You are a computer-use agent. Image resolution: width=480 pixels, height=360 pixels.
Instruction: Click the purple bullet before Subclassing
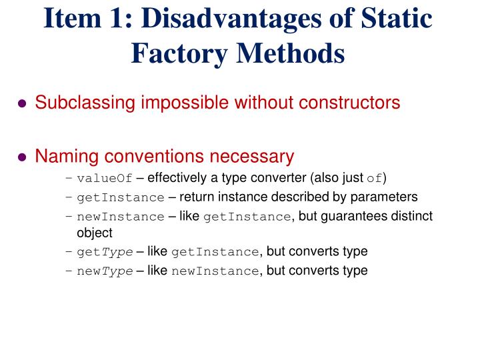(22, 104)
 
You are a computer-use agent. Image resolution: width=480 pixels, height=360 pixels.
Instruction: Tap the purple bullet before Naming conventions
(22, 158)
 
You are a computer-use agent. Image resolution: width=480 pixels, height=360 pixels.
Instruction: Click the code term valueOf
(105, 178)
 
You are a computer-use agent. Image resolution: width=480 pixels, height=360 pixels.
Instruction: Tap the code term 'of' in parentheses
(375, 178)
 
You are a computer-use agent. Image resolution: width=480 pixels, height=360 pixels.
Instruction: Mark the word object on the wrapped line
(95, 233)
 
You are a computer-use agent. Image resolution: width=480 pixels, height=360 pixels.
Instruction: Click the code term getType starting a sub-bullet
(105, 252)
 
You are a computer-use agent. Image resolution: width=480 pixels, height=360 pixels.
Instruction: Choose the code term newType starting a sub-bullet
(105, 271)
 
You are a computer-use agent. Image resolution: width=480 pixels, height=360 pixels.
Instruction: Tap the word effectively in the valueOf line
(178, 178)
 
